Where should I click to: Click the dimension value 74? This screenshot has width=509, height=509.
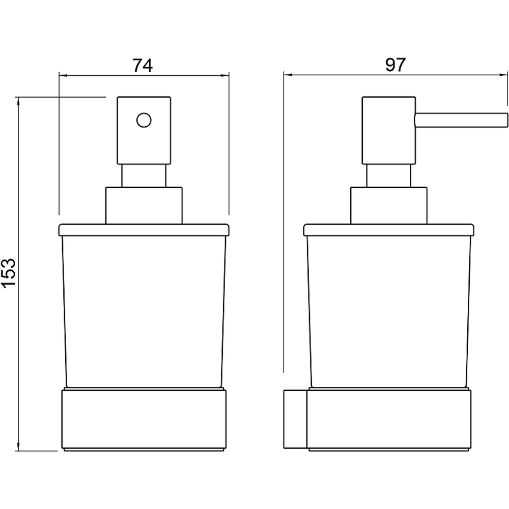(x=143, y=66)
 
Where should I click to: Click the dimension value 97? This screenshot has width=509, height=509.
(x=395, y=65)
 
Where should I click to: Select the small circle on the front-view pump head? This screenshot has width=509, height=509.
(x=144, y=120)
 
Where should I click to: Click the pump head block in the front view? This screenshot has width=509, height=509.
(x=144, y=130)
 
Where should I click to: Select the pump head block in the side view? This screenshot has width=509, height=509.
(x=388, y=130)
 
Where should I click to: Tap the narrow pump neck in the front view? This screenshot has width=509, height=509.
(x=144, y=176)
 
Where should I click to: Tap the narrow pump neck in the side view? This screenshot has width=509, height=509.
(x=388, y=176)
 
